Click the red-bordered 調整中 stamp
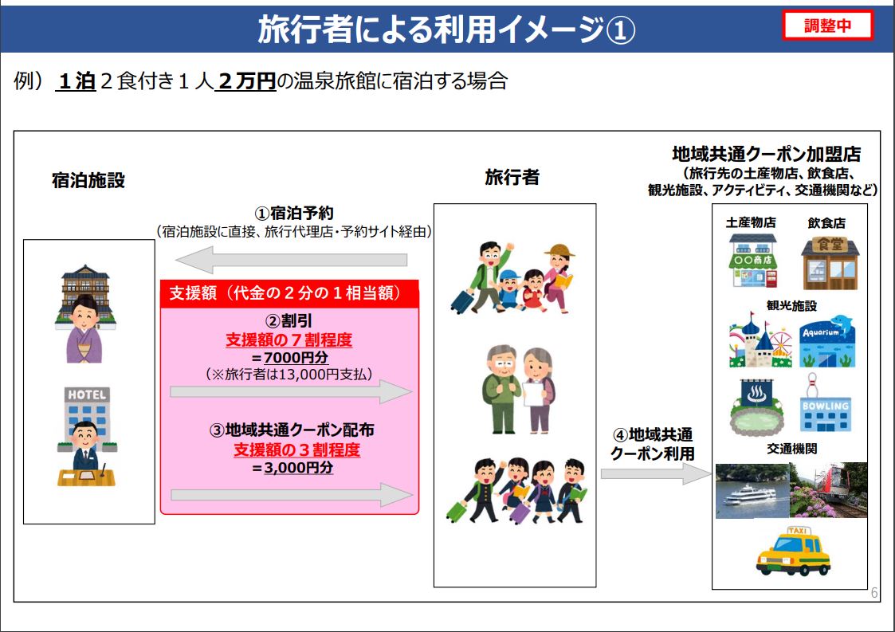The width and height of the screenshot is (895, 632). pyautogui.click(x=827, y=26)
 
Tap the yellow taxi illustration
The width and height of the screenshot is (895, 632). pyautogui.click(x=794, y=551)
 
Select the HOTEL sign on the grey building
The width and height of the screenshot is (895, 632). pyautogui.click(x=87, y=395)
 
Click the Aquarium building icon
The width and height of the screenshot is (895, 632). pyautogui.click(x=826, y=341)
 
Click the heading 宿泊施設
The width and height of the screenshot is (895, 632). pyautogui.click(x=88, y=180)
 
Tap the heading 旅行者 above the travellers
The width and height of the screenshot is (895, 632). pyautogui.click(x=512, y=178)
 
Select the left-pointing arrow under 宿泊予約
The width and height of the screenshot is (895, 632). pyautogui.click(x=291, y=260)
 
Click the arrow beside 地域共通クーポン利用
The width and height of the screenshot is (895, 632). pyautogui.click(x=655, y=473)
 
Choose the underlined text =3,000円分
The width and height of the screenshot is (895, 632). pyautogui.click(x=292, y=468)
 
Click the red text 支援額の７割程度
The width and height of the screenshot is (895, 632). pyautogui.click(x=289, y=340)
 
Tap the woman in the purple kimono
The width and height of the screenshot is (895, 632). pyautogui.click(x=84, y=329)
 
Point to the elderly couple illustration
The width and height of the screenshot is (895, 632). pyautogui.click(x=518, y=389)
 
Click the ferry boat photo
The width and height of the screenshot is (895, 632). pyautogui.click(x=752, y=492)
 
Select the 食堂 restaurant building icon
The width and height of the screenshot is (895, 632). pyautogui.click(x=830, y=263)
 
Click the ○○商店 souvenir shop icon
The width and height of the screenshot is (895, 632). pyautogui.click(x=753, y=261)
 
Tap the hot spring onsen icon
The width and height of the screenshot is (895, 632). pyautogui.click(x=757, y=407)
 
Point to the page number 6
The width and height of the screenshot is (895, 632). pyautogui.click(x=874, y=593)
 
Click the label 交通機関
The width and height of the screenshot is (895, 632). pyautogui.click(x=791, y=449)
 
